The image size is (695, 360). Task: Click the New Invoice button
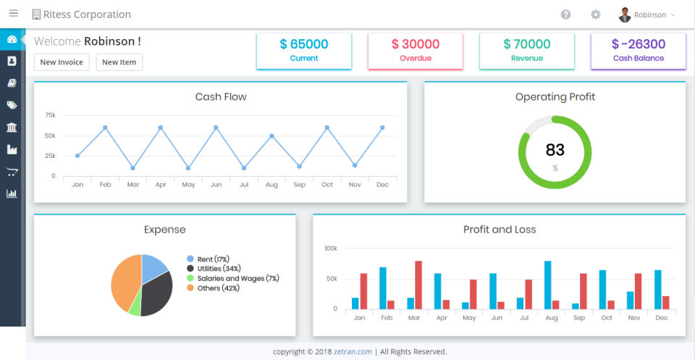click(62, 62)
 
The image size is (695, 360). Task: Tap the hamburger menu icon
click(13, 14)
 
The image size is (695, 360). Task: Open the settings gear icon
click(595, 14)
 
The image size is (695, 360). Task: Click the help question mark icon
click(565, 14)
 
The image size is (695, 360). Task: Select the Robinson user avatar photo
click(624, 14)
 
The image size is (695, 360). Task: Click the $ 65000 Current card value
click(304, 44)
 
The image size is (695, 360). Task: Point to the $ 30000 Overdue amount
click(416, 44)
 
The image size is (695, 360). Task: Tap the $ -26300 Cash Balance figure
click(638, 44)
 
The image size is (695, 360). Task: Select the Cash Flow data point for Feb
click(105, 127)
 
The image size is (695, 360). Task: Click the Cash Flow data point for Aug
click(271, 136)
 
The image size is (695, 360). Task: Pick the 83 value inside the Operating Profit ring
click(555, 150)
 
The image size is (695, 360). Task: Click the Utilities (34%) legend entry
click(219, 269)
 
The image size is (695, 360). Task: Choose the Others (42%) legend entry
click(217, 288)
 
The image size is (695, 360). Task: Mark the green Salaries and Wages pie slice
click(134, 305)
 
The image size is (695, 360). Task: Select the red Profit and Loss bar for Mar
click(418, 285)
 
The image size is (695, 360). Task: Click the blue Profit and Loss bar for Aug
click(547, 285)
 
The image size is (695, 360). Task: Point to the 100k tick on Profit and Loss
click(331, 248)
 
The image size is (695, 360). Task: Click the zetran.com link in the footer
click(353, 352)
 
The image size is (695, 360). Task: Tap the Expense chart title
click(164, 230)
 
